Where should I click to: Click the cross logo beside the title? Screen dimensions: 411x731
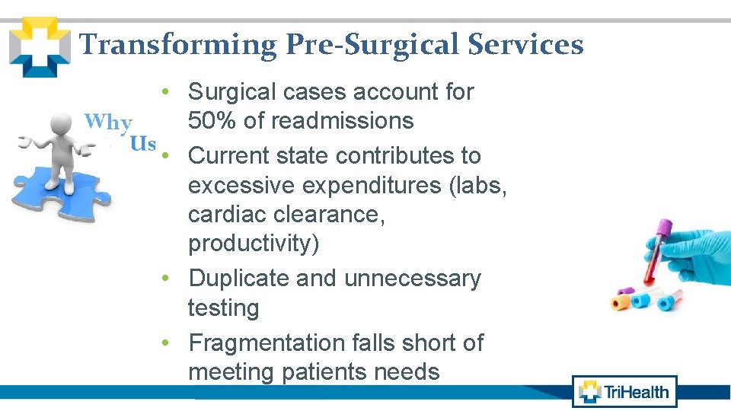coord(38,47)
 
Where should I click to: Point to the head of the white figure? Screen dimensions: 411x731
coord(59,123)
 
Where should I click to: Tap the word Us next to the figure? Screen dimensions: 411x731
coord(142,143)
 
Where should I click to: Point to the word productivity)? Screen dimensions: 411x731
coord(254,244)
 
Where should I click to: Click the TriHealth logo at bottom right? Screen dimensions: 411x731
coord(624,392)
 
